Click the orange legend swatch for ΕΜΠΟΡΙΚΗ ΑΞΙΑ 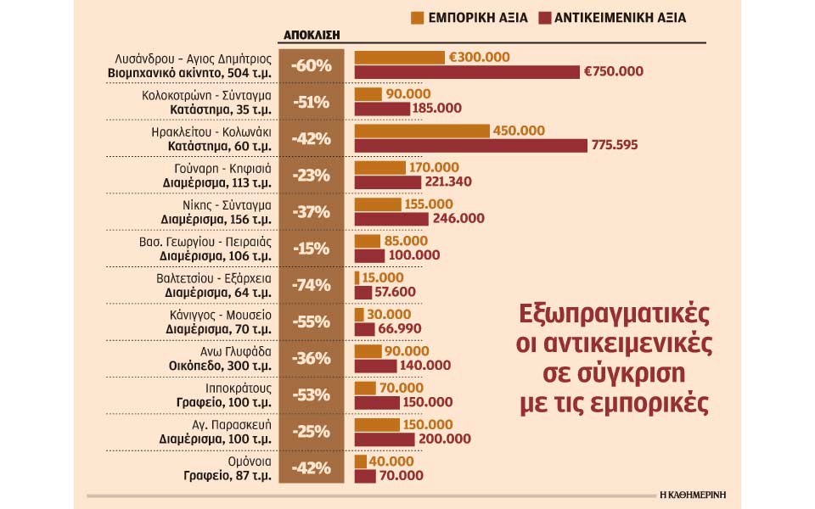[x=417, y=17]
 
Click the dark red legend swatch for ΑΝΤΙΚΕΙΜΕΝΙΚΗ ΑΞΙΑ [x=542, y=17]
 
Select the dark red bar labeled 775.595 [x=470, y=145]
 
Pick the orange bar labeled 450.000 [x=422, y=131]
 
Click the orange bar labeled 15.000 [x=357, y=277]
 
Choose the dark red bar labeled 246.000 [x=391, y=219]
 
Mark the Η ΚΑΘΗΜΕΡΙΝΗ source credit [x=694, y=493]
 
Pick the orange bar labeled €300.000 [x=399, y=57]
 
